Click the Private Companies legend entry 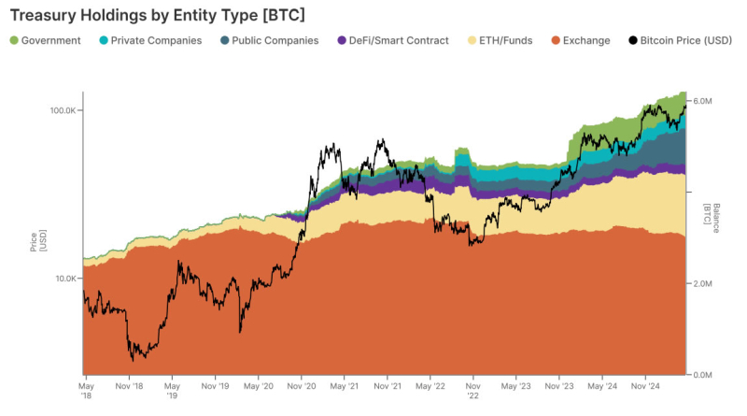click(x=153, y=40)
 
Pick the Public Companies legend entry click(x=274, y=40)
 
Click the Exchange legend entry click(x=585, y=40)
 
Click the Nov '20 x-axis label click(x=301, y=384)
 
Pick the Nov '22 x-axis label click(x=472, y=389)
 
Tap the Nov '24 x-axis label click(x=645, y=384)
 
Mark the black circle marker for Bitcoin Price click(x=632, y=40)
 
